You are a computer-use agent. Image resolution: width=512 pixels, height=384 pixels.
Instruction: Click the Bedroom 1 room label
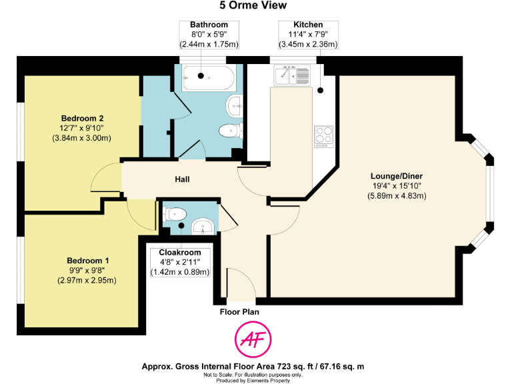click(88, 261)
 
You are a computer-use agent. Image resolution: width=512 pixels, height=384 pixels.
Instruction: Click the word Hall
click(183, 179)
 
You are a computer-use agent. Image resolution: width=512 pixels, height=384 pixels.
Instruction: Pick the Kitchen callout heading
click(308, 25)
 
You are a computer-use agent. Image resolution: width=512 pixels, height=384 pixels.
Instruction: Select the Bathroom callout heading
click(209, 25)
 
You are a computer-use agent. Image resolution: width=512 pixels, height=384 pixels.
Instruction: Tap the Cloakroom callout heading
click(180, 253)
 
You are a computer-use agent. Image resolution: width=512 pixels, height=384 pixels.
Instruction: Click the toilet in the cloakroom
click(175, 213)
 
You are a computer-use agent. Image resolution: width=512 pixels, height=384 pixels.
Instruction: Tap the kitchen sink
click(292, 76)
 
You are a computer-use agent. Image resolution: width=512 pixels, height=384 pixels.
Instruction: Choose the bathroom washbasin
click(235, 104)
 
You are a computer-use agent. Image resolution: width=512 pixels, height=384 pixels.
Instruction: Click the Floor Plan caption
click(239, 311)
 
